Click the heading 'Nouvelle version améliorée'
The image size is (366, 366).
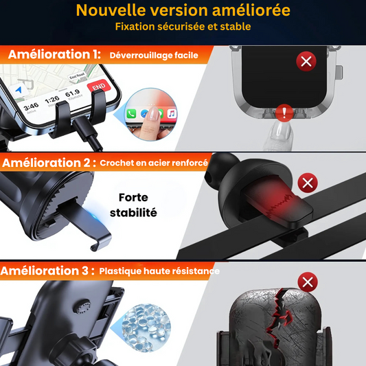pos(183,10)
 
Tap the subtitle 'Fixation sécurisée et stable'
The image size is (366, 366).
pos(183,27)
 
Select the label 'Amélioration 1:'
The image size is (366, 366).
pos(54,54)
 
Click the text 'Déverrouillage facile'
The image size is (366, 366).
pos(154,56)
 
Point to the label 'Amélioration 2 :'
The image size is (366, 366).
pos(49,163)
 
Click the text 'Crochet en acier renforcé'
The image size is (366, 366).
pos(154,163)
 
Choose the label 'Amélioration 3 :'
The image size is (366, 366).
pos(47,271)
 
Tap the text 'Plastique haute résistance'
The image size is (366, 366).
pos(159,271)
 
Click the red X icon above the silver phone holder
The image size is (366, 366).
pos(306,61)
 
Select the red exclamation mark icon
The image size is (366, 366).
pos(284,113)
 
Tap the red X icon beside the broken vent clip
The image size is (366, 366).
pos(308,183)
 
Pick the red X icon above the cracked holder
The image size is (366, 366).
pos(308,282)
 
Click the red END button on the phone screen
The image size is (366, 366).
pos(99,87)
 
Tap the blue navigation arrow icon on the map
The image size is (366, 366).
pos(19,91)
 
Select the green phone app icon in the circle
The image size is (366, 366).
pos(131,114)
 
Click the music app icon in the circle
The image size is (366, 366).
pos(172,114)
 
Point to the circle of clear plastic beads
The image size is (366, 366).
pos(146,328)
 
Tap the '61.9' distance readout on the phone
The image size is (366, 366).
pos(72,93)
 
